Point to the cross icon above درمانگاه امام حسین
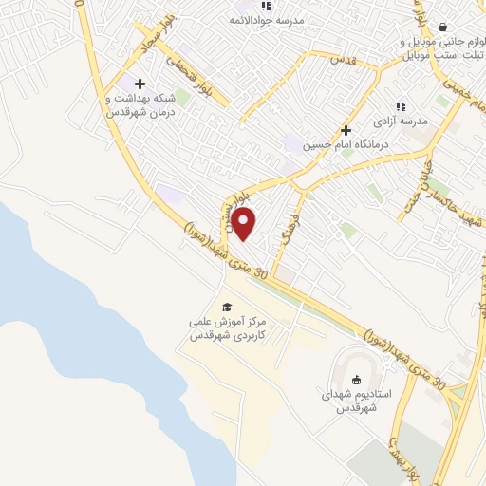(x=346, y=130)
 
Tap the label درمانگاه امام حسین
(x=342, y=146)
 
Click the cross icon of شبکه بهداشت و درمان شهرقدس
(x=139, y=84)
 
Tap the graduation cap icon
(x=227, y=307)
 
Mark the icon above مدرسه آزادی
(x=400, y=106)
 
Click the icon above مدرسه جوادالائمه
(x=239, y=5)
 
